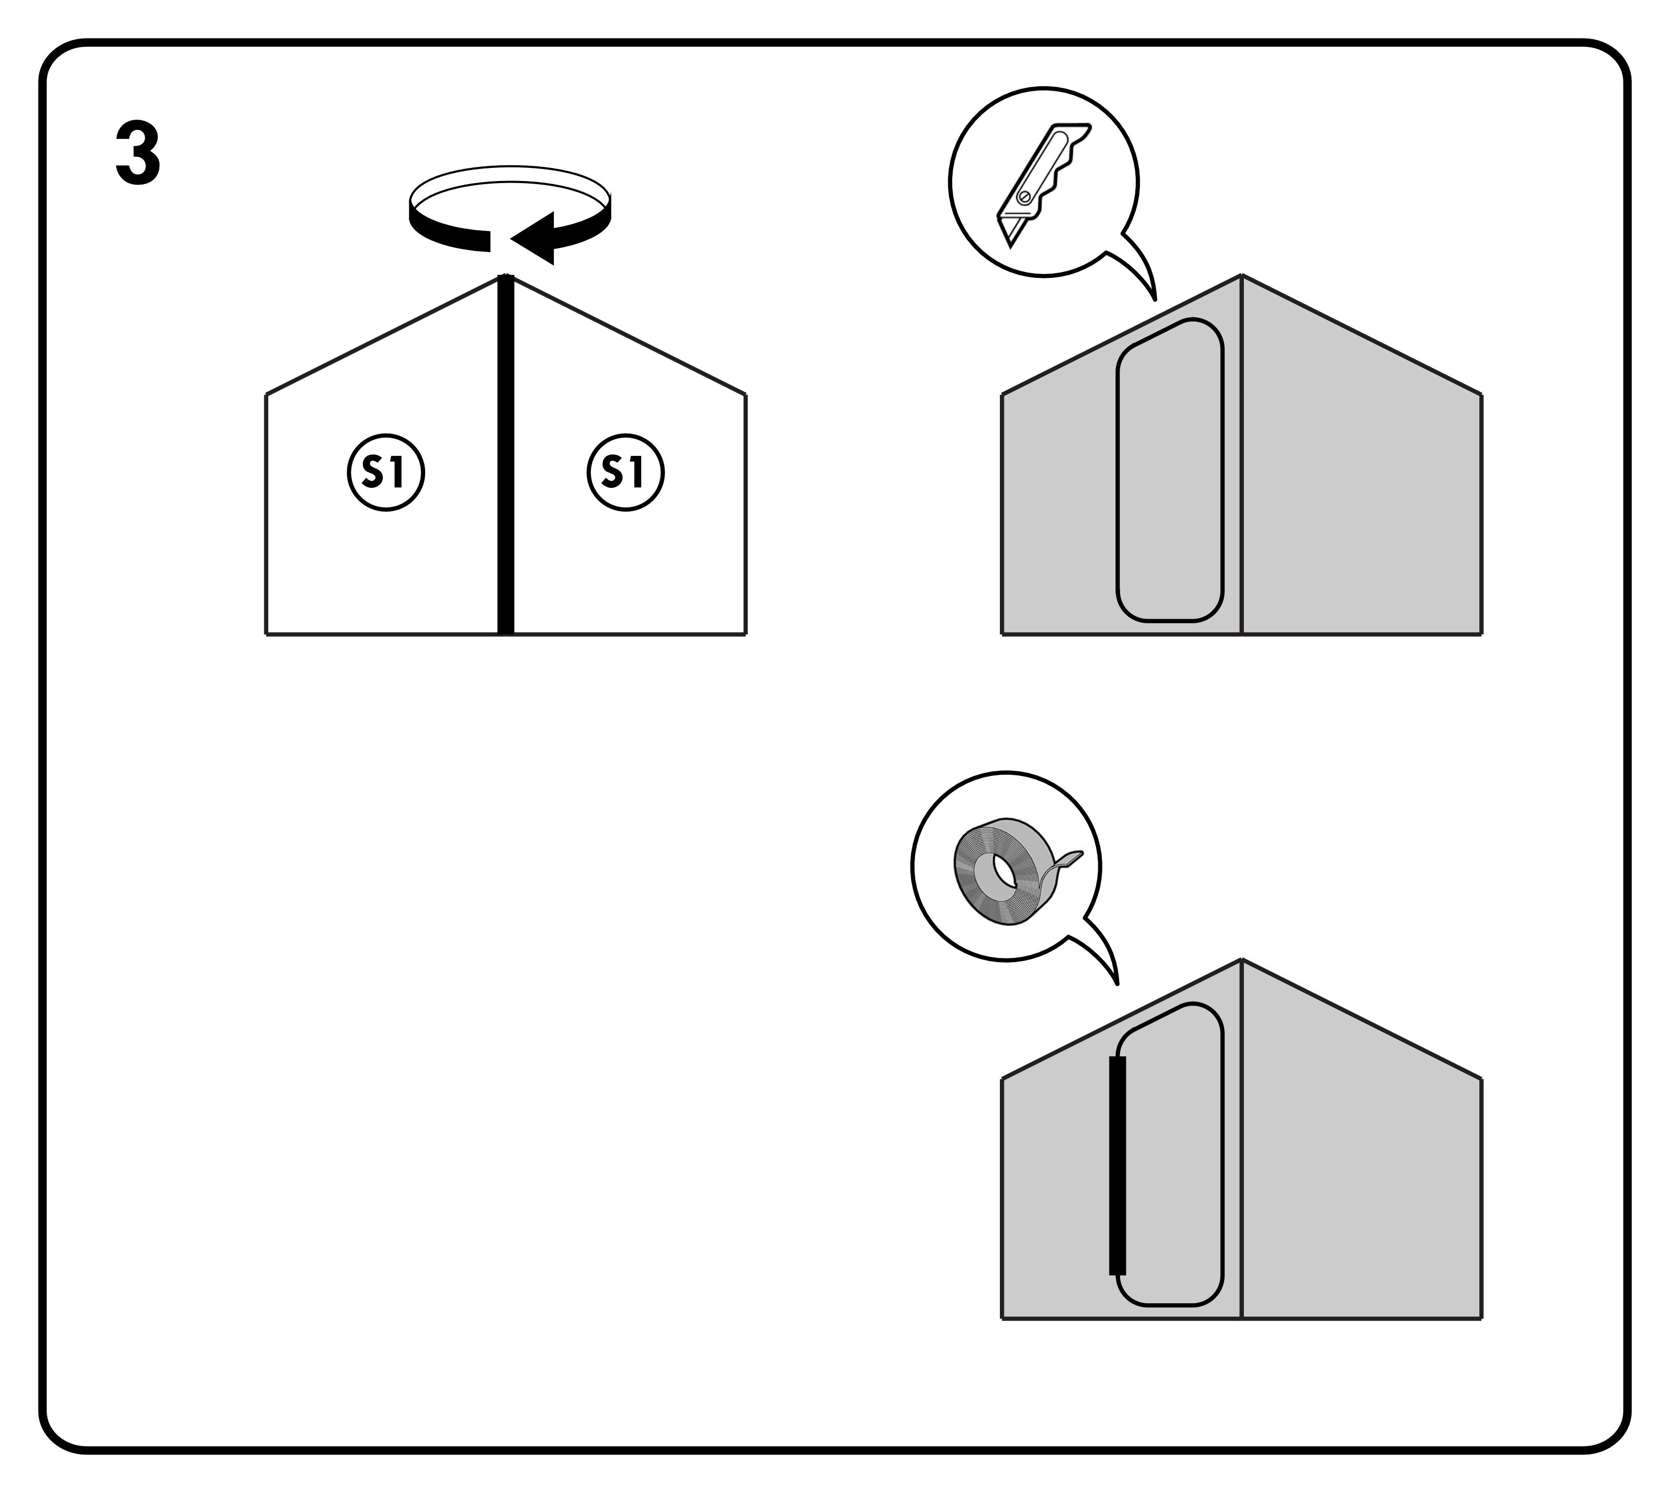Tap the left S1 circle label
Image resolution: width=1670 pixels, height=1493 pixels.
click(386, 473)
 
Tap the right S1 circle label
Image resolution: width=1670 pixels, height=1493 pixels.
click(625, 473)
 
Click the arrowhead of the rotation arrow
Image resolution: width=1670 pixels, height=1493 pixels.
click(533, 238)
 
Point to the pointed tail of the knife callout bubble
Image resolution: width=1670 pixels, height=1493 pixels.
click(1154, 297)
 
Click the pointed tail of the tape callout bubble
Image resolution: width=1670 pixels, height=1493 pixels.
click(1116, 981)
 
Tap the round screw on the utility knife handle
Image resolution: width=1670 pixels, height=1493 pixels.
click(1024, 197)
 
